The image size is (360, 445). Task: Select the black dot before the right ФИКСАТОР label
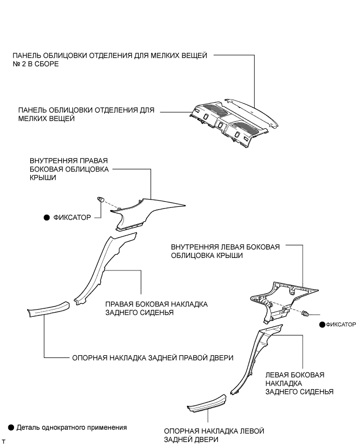tap(322, 324)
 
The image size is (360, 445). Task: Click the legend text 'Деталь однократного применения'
tap(72, 427)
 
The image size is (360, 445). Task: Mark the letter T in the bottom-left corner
tap(4, 441)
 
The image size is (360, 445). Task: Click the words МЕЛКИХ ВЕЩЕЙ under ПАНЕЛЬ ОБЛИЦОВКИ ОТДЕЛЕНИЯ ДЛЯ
tap(46, 119)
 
